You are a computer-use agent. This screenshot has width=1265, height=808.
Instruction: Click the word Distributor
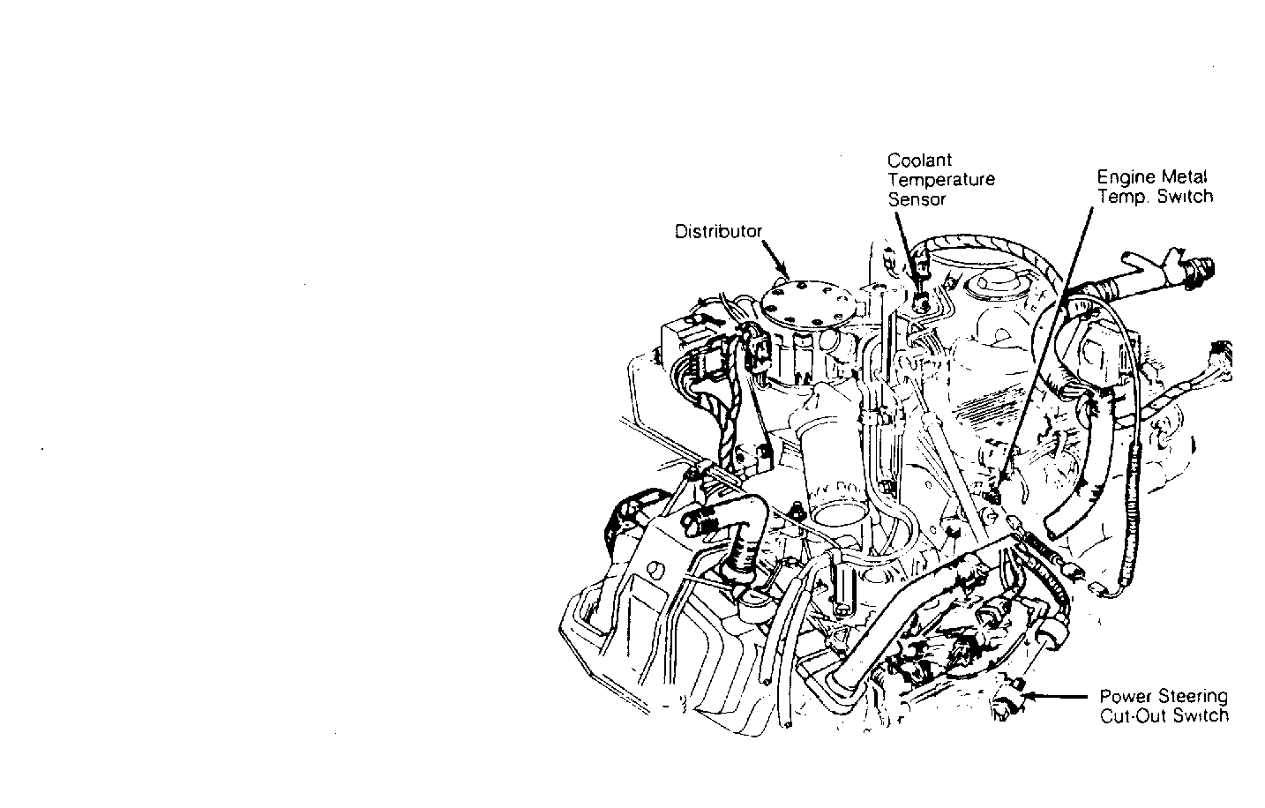pos(717,232)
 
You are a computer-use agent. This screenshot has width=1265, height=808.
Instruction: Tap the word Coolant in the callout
pos(919,161)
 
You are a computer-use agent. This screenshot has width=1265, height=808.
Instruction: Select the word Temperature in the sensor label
pos(940,180)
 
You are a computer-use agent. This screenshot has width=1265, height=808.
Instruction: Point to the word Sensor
pos(917,199)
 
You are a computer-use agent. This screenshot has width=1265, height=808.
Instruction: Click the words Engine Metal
pos(1152,177)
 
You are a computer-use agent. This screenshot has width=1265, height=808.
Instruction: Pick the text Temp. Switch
pos(1155,197)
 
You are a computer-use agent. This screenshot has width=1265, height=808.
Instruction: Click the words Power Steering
pos(1163,696)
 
